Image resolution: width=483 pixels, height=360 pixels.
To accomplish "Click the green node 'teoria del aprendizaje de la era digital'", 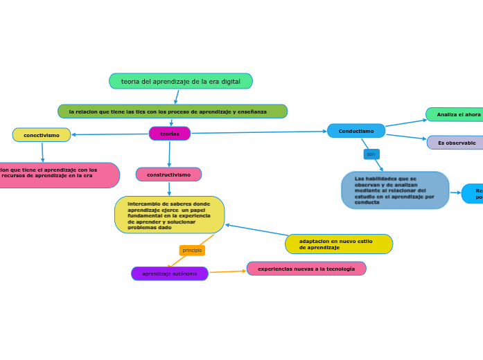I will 180,82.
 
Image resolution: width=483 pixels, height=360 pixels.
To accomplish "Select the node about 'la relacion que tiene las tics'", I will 173,111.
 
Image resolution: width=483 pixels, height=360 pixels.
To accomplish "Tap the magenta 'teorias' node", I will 170,134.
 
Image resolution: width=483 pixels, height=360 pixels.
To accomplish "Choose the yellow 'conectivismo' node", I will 42,135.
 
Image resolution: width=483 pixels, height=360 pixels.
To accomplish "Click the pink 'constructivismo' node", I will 168,174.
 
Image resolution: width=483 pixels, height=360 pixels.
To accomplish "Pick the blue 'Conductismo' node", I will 356,131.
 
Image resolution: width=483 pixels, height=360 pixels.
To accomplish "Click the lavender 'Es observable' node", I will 456,143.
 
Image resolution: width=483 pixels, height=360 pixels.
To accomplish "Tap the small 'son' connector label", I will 371,154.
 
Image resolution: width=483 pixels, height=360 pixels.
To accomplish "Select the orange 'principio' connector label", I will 192,251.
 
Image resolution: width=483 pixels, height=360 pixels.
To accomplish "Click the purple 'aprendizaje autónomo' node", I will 170,273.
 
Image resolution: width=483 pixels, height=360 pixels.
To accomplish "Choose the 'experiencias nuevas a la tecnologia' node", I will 306,269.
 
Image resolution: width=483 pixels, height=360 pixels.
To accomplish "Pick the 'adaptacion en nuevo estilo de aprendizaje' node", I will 339,244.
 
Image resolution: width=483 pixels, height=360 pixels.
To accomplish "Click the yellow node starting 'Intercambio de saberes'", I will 169,215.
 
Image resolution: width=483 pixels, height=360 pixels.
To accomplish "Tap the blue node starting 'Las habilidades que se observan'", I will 395,190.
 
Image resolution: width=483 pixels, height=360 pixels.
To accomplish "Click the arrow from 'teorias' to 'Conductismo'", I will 260,132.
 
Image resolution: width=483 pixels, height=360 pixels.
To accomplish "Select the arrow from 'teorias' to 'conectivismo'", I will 111,134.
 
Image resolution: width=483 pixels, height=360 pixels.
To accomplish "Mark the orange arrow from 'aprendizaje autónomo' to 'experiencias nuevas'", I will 227,271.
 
